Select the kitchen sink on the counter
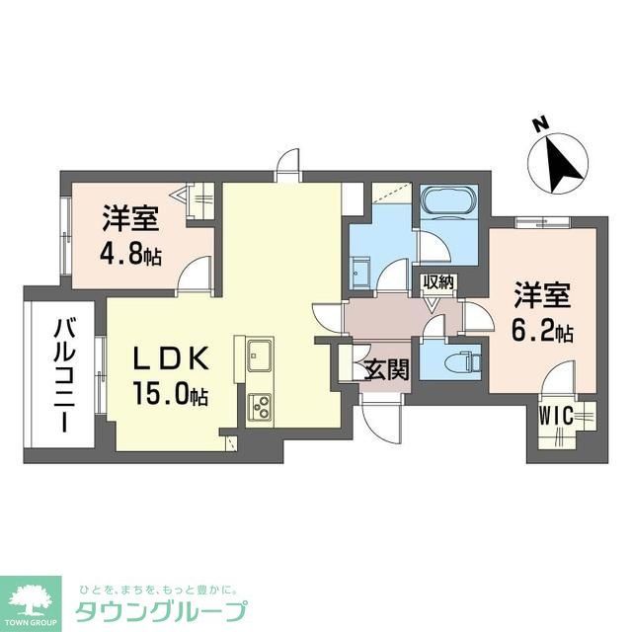pyautogui.click(x=261, y=352)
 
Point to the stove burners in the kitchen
pyautogui.click(x=262, y=405)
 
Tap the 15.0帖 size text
pyautogui.click(x=170, y=396)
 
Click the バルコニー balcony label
pyautogui.click(x=62, y=375)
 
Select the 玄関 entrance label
pyautogui.click(x=380, y=371)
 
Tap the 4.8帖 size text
pyautogui.click(x=131, y=254)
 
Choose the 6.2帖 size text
pyautogui.click(x=542, y=331)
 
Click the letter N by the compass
pyautogui.click(x=539, y=124)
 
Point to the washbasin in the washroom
pyautogui.click(x=360, y=272)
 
